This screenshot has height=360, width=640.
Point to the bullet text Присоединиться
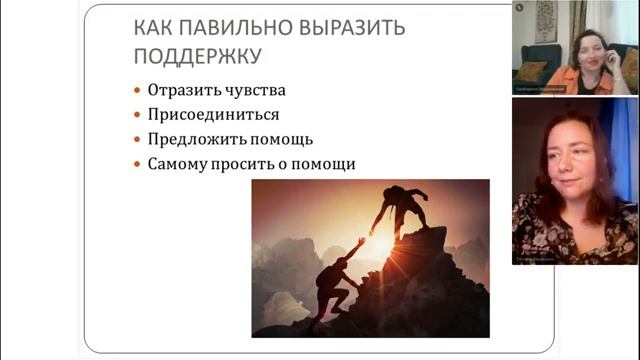[213, 114]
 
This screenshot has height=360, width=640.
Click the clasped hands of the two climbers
[367, 236]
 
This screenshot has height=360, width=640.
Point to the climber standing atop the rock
[402, 208]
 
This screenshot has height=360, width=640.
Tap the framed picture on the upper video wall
[545, 19]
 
